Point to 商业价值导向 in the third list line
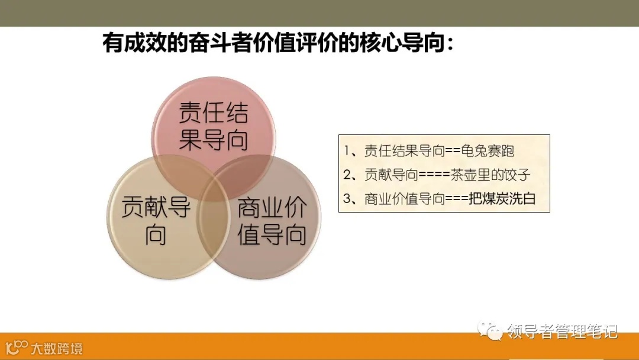[405, 199]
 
